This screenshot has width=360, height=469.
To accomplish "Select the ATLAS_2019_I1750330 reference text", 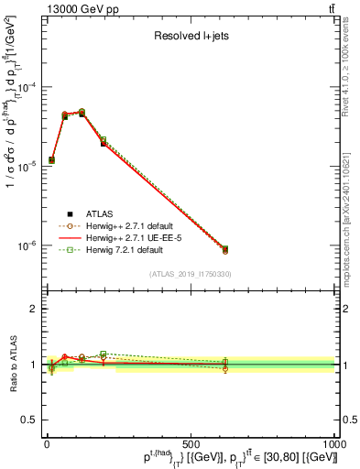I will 191,274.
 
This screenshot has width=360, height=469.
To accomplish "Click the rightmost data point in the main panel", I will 225,249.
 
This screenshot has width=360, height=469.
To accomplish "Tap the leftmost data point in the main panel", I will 51,160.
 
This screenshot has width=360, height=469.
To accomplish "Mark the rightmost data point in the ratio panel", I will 225,366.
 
